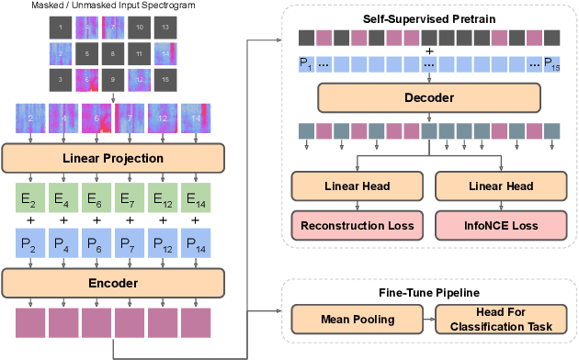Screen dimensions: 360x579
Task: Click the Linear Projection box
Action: (x=113, y=158)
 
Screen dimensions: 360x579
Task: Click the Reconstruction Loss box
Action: (x=357, y=224)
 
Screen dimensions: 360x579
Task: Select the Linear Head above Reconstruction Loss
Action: (x=357, y=186)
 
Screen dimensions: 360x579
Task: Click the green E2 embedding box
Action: (x=31, y=198)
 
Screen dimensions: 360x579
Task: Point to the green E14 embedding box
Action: (x=195, y=198)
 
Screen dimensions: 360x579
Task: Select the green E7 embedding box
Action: (x=130, y=198)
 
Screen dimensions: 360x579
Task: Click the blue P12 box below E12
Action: (x=162, y=242)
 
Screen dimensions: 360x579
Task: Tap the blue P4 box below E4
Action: (x=64, y=242)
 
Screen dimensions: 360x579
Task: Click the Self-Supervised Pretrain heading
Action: (x=426, y=18)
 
